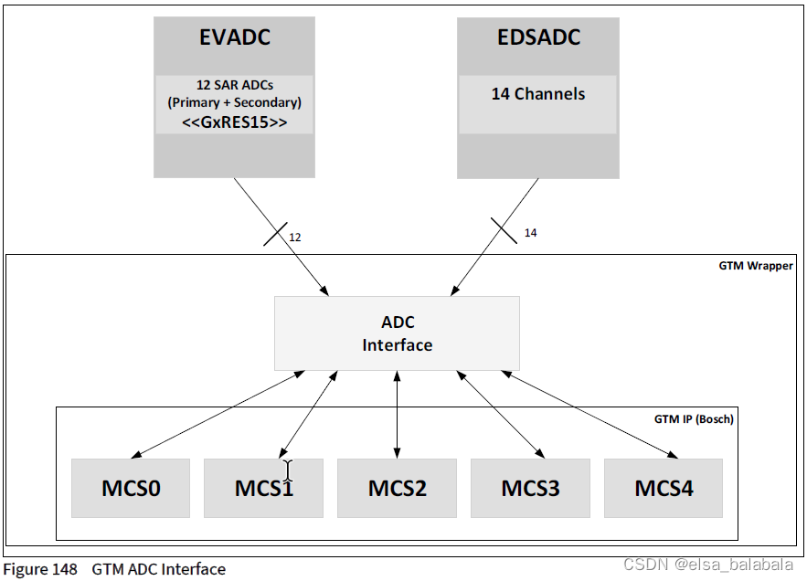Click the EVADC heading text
[234, 38]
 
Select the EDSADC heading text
[538, 38]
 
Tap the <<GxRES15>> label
[234, 121]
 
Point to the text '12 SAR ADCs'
[234, 86]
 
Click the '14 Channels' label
[538, 94]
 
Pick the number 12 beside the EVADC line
[295, 237]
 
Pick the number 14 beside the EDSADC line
[530, 233]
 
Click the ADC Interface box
[397, 333]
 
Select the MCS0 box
[131, 488]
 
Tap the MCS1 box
[263, 488]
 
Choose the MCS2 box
[397, 488]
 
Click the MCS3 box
[530, 488]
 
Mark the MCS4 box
[664, 488]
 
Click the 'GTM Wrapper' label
[756, 267]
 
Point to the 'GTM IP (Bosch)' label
[694, 419]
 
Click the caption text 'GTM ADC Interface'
[158, 569]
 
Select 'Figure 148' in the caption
[40, 569]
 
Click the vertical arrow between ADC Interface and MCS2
[397, 415]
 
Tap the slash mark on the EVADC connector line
[275, 232]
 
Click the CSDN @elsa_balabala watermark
[708, 565]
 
